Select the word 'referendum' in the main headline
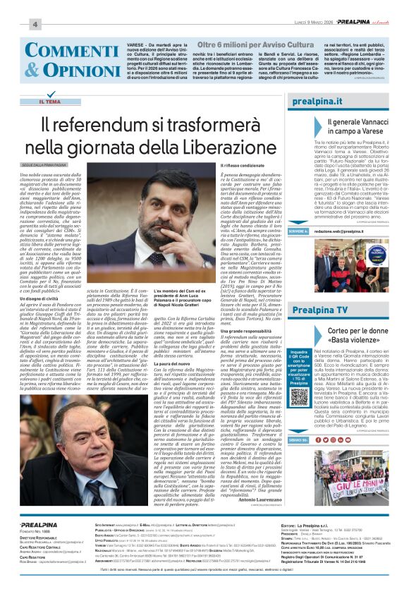[114, 125]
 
